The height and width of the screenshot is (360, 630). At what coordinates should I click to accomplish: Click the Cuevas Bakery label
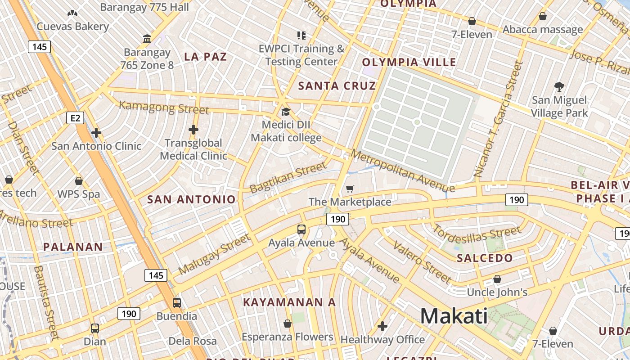click(73, 27)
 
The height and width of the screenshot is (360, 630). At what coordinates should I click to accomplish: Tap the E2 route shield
click(75, 118)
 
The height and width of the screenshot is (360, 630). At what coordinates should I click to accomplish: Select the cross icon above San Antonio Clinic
click(96, 133)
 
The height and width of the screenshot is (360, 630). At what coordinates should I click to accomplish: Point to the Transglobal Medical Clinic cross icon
click(193, 130)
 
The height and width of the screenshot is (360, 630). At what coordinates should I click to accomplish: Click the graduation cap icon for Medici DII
click(286, 112)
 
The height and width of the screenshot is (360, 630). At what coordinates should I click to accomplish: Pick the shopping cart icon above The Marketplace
click(350, 189)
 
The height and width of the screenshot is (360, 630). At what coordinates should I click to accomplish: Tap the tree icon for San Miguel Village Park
click(559, 86)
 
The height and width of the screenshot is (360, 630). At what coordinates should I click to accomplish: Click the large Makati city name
click(454, 316)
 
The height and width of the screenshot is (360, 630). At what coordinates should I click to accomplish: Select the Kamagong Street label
click(164, 108)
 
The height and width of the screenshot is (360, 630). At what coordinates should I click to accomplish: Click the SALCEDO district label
click(485, 258)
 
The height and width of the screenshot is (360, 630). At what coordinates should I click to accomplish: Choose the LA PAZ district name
click(206, 57)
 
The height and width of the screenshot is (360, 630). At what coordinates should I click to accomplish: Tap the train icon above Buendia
click(177, 303)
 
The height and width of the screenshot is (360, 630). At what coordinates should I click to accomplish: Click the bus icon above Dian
click(95, 328)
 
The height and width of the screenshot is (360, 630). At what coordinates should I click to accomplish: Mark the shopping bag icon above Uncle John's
click(497, 279)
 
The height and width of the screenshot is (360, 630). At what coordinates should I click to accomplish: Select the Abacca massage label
click(543, 30)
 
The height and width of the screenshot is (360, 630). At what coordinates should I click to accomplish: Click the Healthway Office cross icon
click(382, 326)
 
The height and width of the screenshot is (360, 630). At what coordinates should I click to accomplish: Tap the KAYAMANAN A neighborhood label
click(289, 302)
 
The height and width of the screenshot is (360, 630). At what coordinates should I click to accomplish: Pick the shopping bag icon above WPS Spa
click(79, 181)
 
